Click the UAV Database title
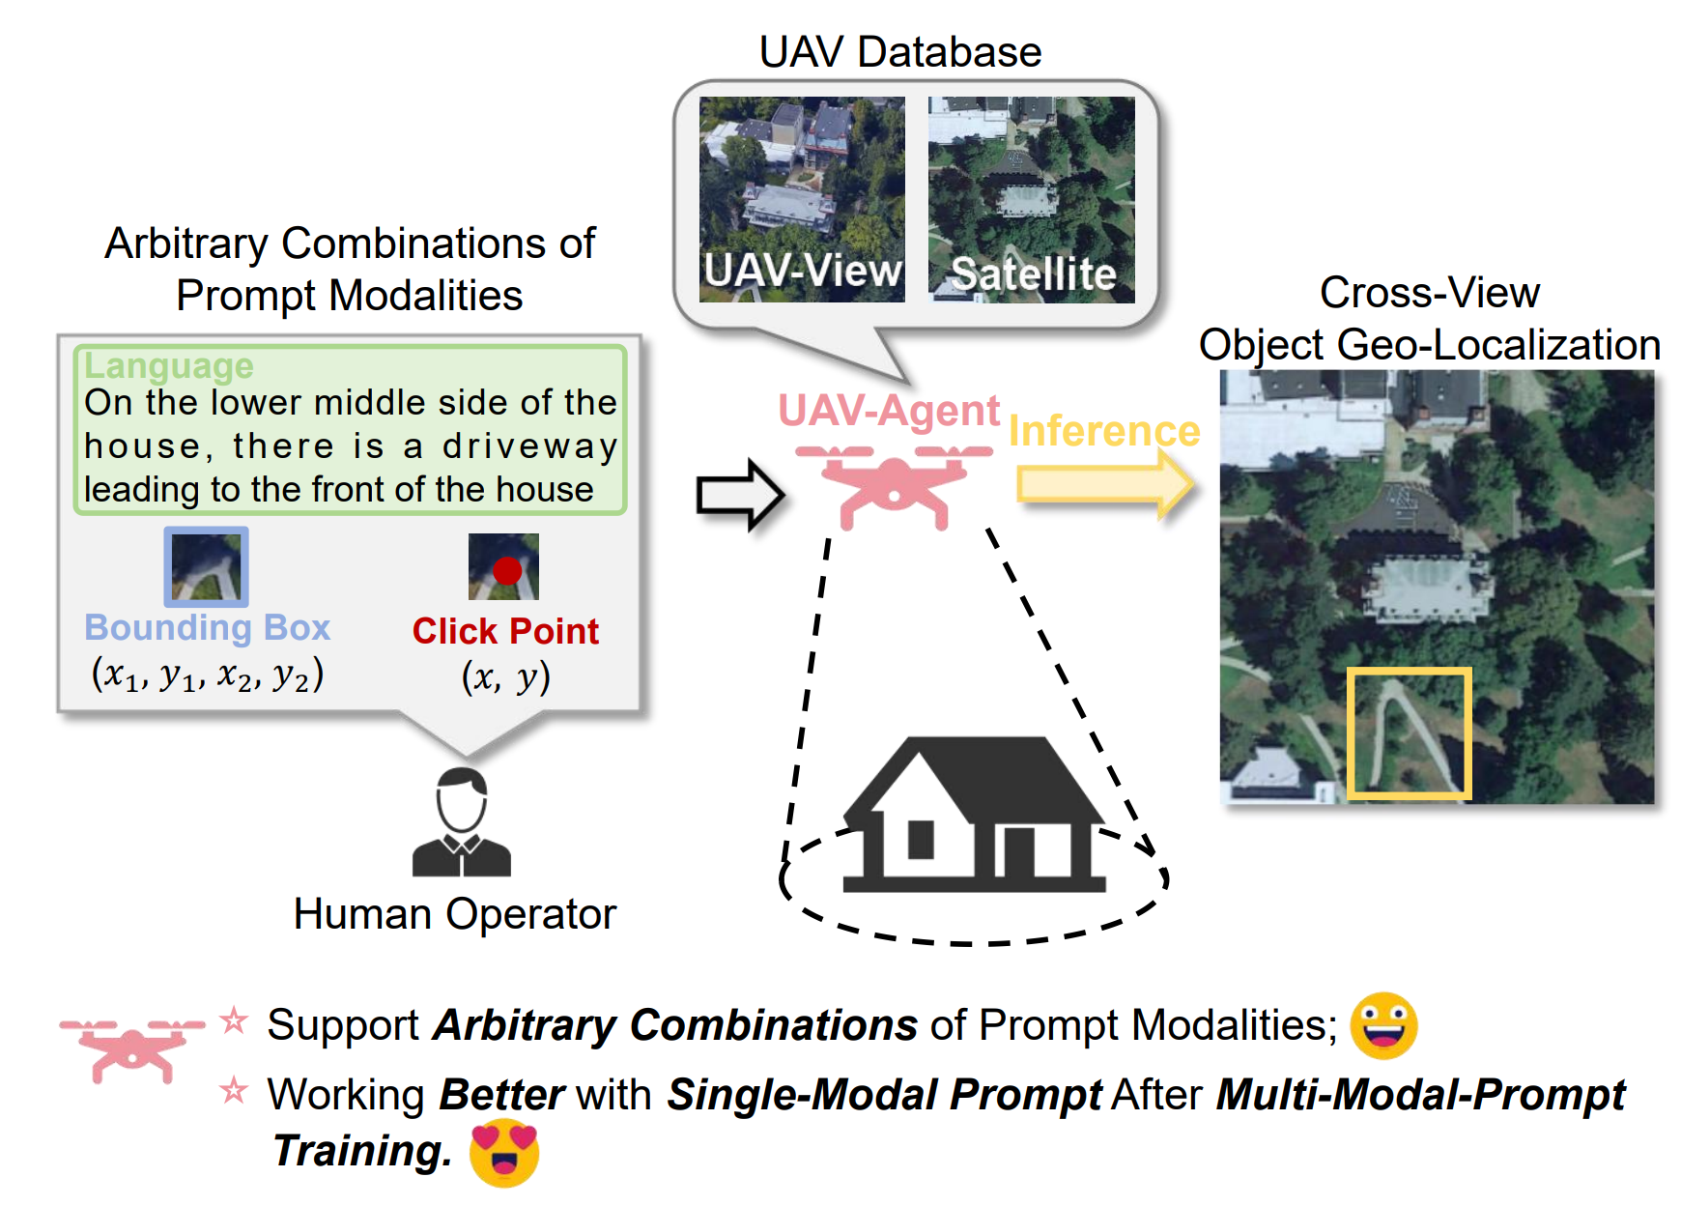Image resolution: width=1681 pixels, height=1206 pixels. tap(899, 52)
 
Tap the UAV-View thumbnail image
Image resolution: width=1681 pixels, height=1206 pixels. tap(802, 199)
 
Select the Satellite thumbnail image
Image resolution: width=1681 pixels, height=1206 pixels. tap(1031, 199)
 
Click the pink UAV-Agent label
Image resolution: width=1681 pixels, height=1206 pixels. tap(888, 411)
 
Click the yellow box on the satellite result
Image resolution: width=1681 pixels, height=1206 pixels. tap(1410, 732)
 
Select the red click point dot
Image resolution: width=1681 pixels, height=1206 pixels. tap(507, 570)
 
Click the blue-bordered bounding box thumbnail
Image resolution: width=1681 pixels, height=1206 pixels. tap(206, 566)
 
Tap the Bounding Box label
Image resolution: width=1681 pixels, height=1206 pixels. tap(207, 628)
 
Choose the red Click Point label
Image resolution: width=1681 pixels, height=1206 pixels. tap(505, 631)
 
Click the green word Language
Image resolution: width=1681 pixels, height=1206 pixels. tap(169, 366)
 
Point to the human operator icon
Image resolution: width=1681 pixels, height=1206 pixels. tap(462, 822)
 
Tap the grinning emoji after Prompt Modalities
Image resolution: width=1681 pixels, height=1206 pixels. tap(1383, 1025)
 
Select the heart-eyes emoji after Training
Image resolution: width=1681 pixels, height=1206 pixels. tap(503, 1153)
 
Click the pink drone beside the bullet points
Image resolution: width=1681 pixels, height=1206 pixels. tap(132, 1046)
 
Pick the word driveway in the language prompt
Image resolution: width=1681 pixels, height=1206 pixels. tap(529, 446)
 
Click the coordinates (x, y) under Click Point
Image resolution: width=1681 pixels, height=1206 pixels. tap(505, 676)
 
